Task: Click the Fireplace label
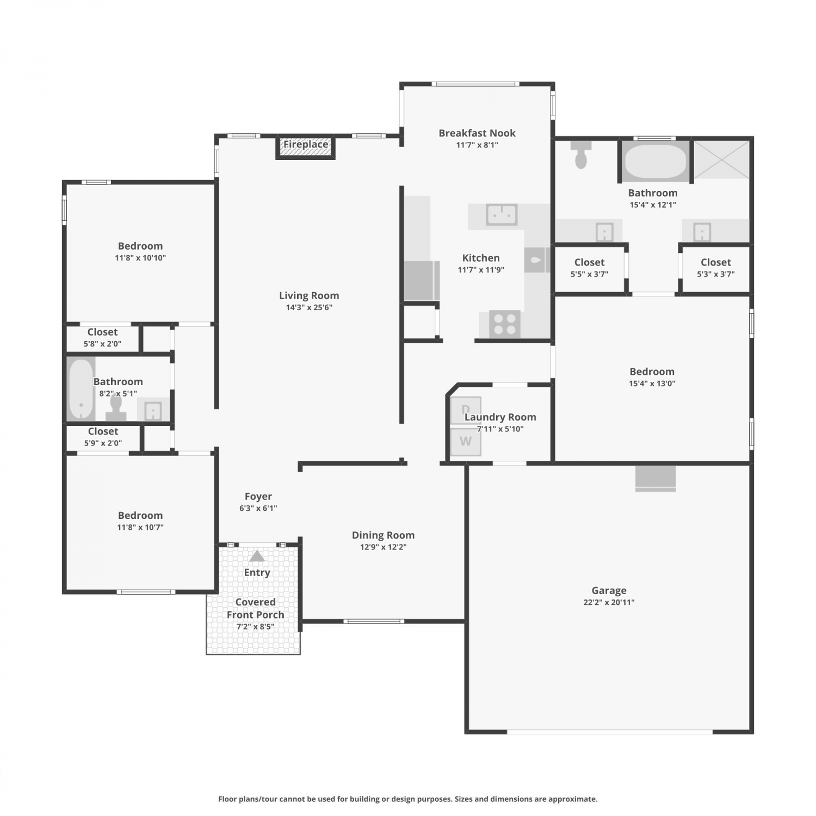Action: coord(306,144)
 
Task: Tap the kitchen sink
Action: coord(502,214)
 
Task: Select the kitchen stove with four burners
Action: coord(505,324)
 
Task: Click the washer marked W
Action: coord(466,442)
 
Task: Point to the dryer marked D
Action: coord(466,410)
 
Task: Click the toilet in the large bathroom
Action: coord(581,154)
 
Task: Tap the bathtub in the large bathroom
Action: coord(656,162)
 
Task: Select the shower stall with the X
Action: coord(721,159)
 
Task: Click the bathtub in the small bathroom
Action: coord(81,388)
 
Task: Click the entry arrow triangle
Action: coord(257,556)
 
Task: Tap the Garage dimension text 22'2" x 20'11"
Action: coord(609,602)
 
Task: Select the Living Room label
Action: coord(309,295)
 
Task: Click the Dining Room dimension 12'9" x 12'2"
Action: coord(383,547)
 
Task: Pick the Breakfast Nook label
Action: coord(477,133)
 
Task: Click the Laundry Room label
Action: coord(500,417)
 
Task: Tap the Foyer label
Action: coord(258,496)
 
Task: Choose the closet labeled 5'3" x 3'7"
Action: coord(715,268)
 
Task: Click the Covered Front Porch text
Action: coord(255,608)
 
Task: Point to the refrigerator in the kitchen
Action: coord(421,281)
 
